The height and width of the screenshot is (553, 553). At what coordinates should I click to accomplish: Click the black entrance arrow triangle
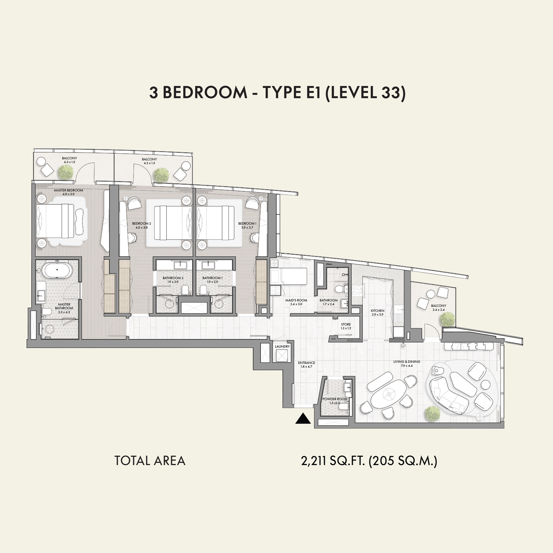pos(303,418)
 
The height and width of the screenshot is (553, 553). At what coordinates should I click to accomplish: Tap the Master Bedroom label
pos(68,190)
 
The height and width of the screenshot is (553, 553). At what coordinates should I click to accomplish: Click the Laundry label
pos(282,346)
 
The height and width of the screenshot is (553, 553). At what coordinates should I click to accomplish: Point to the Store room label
pos(346,325)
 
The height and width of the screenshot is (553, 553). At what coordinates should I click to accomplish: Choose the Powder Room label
pos(335,399)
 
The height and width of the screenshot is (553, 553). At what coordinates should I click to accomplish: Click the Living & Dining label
pos(407,362)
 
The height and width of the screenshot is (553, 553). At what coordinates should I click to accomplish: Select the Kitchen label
pos(377,311)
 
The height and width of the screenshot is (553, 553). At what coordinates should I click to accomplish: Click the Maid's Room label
pos(296,300)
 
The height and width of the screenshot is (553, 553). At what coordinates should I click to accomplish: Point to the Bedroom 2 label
pos(142,223)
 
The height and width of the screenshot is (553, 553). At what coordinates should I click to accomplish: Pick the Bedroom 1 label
pos(247,223)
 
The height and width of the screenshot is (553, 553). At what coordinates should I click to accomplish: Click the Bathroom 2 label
pos(173,278)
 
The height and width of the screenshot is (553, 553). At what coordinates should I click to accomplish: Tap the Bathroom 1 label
pos(212,278)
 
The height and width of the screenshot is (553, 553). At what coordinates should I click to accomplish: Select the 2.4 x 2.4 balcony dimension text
pos(439,310)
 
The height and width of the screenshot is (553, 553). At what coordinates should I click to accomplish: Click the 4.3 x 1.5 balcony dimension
pos(70,162)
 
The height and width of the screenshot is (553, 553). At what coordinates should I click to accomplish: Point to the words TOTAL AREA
pos(150,461)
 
